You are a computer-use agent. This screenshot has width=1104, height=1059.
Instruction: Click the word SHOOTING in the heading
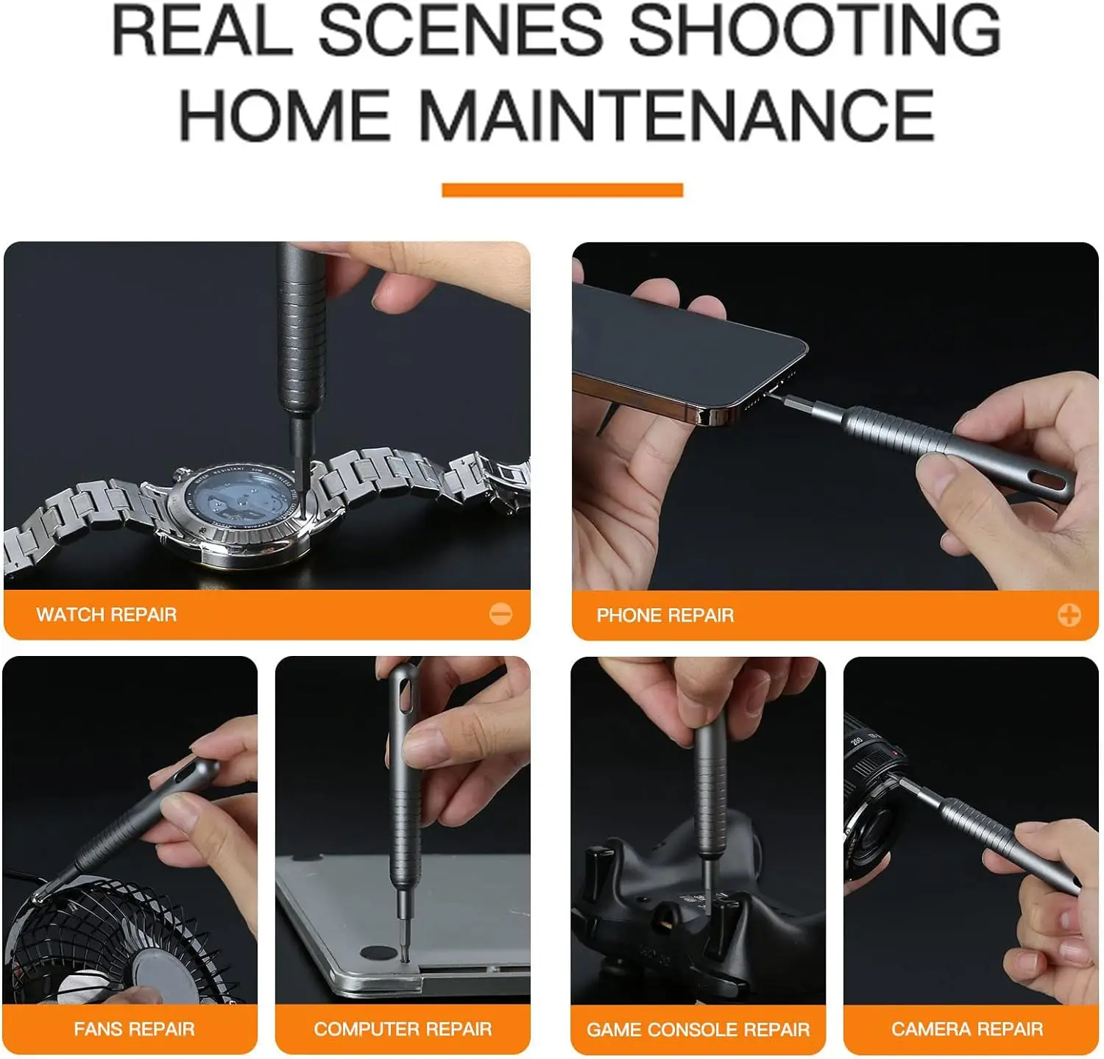(814, 30)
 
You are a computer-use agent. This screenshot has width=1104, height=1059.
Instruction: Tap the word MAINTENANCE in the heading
(676, 115)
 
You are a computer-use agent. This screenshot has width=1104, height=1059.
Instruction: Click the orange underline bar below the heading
(562, 190)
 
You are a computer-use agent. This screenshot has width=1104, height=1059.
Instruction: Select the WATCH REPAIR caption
(107, 615)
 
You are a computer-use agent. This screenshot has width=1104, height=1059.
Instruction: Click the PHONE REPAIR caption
(665, 616)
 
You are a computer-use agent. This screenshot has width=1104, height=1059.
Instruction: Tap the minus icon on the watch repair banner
(501, 614)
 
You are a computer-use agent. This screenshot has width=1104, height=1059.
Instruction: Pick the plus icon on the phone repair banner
(1069, 615)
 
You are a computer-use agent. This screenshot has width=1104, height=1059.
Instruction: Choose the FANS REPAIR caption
(135, 1029)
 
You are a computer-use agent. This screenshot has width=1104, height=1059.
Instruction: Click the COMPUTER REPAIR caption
(403, 1029)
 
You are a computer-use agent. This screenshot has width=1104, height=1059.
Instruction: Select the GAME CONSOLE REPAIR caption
(698, 1030)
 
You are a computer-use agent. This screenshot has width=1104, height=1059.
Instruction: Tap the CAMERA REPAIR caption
(967, 1029)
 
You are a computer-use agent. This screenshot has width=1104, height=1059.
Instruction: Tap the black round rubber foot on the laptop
(380, 953)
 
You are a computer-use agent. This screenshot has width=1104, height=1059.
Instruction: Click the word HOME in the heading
(285, 115)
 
